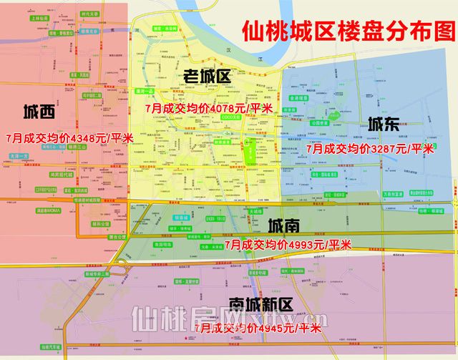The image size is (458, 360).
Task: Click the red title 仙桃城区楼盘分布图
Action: pyautogui.click(x=349, y=31)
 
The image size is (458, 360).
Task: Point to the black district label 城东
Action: pyautogui.click(x=384, y=123)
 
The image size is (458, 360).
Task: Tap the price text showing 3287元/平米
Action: pyautogui.click(x=370, y=148)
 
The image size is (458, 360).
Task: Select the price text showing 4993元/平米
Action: pyautogui.click(x=288, y=245)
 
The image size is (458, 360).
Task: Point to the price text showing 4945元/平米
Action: pyautogui.click(x=258, y=329)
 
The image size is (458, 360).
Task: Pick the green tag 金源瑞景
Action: pyautogui.click(x=299, y=99)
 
